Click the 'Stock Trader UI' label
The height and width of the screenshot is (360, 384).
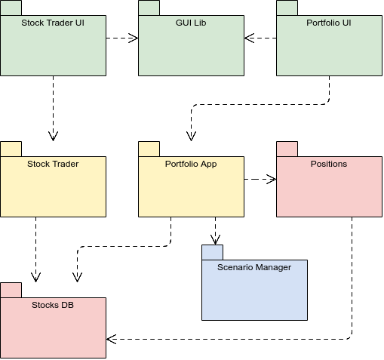[53, 23]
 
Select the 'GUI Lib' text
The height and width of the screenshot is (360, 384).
[191, 23]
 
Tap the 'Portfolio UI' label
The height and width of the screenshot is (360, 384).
[329, 23]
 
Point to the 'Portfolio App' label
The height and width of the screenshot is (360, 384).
[191, 164]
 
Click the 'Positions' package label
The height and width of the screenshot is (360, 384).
[329, 164]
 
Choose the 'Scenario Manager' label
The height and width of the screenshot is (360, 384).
[254, 267]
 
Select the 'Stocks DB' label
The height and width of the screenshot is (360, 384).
[53, 305]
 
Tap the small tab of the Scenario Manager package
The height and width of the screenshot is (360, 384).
[212, 252]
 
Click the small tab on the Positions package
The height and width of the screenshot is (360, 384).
[287, 149]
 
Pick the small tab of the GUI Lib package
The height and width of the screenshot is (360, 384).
[149, 8]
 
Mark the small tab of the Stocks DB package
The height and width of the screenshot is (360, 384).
[11, 290]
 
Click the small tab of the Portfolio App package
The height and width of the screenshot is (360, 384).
[149, 149]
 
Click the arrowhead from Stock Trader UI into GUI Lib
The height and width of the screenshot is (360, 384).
[134, 38]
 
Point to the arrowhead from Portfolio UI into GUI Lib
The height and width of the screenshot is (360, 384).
[249, 38]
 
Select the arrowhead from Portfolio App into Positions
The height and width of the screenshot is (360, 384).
[272, 180]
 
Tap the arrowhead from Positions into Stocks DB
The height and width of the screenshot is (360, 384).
[111, 339]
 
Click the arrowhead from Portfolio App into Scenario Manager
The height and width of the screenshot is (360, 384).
[215, 240]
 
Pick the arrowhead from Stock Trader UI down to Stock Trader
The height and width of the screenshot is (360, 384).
[53, 136]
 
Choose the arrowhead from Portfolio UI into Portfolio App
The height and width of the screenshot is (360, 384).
[191, 136]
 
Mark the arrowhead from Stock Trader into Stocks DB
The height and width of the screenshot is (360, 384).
[35, 277]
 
